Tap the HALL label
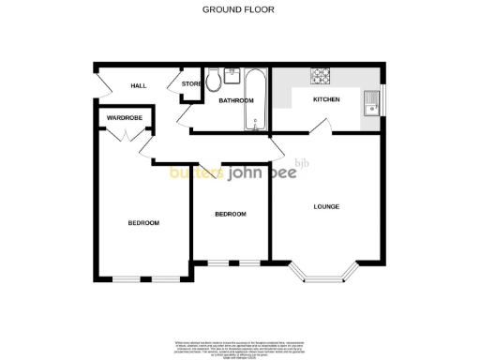(x=139, y=86)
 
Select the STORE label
(x=191, y=84)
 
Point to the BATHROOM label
(x=236, y=100)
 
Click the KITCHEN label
(x=326, y=99)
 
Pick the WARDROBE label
(x=123, y=118)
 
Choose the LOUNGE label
(x=326, y=206)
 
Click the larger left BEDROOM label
(x=143, y=222)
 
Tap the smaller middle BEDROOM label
(x=230, y=214)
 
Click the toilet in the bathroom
(x=215, y=77)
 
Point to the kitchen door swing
(x=321, y=125)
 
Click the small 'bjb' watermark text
(x=302, y=163)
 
